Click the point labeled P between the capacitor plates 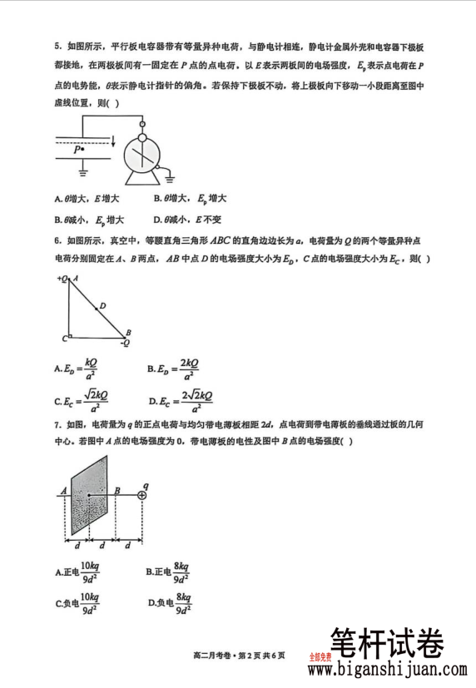pyautogui.click(x=79, y=150)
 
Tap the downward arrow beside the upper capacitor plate pyautogui.click(x=113, y=142)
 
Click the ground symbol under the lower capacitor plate pyautogui.click(x=83, y=174)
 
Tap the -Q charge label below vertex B pyautogui.click(x=126, y=342)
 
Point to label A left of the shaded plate pyautogui.click(x=63, y=491)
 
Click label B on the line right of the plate pyautogui.click(x=117, y=490)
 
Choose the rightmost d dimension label pyautogui.click(x=128, y=546)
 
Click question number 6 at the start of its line pyautogui.click(x=57, y=240)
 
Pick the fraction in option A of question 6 pyautogui.click(x=90, y=368)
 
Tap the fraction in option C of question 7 pyautogui.click(x=89, y=603)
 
